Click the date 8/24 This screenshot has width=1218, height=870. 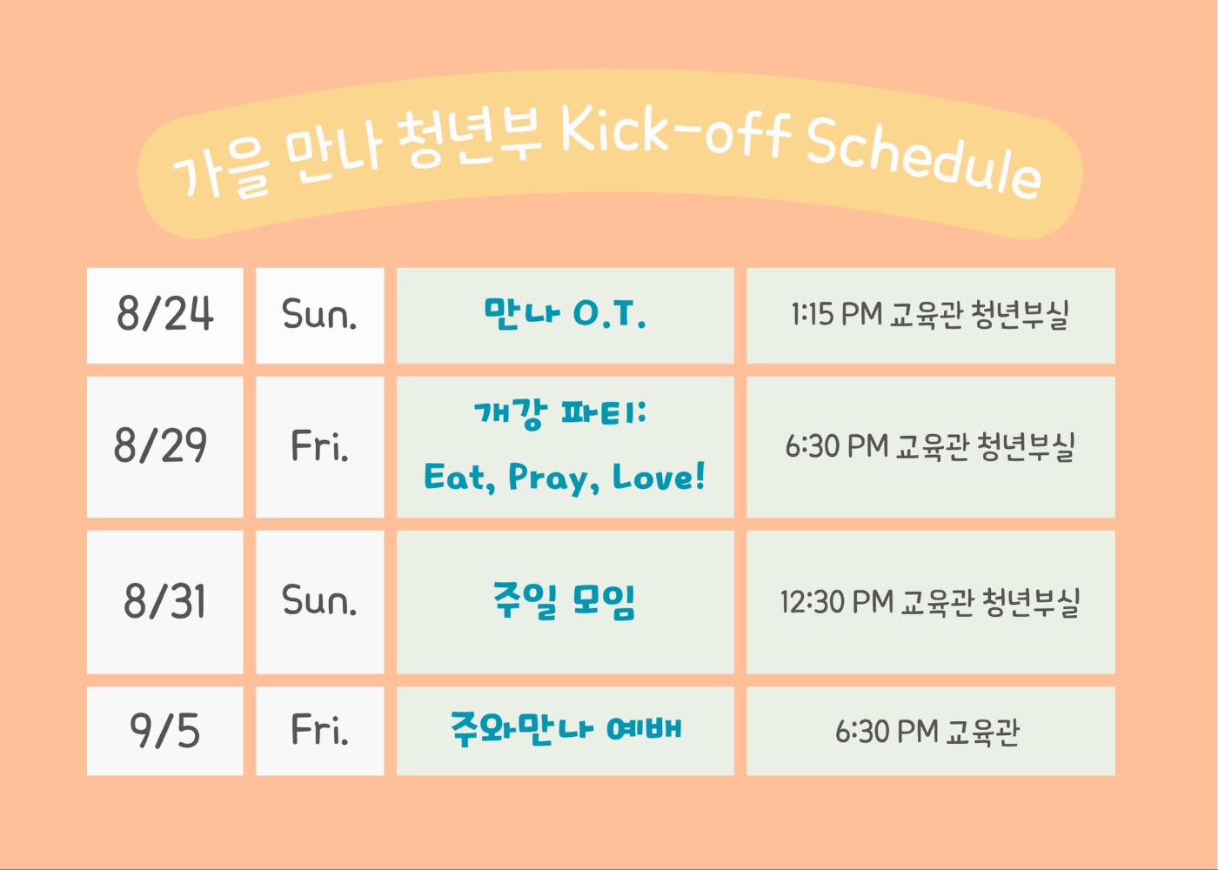click(x=164, y=314)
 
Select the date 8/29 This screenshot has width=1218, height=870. click(x=160, y=445)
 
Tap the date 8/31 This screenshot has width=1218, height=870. click(x=164, y=601)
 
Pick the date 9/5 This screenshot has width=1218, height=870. click(x=164, y=730)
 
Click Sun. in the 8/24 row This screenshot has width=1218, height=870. click(x=319, y=314)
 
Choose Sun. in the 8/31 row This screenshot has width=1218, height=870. click(x=319, y=599)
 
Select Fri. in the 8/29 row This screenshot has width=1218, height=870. click(x=319, y=445)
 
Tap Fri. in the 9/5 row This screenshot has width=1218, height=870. click(x=319, y=729)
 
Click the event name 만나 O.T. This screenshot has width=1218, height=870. click(x=565, y=314)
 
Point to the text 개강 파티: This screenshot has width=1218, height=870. click(x=560, y=413)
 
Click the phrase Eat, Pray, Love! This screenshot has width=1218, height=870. click(x=565, y=478)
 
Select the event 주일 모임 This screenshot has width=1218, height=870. click(x=565, y=600)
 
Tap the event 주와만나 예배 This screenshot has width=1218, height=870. click(x=566, y=729)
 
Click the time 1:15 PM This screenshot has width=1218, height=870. click(x=836, y=314)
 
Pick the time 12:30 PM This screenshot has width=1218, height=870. click(x=837, y=601)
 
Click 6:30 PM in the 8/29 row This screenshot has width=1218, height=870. click(x=837, y=445)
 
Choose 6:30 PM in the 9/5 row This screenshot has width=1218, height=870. click(x=887, y=731)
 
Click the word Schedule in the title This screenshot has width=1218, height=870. click(x=924, y=157)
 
